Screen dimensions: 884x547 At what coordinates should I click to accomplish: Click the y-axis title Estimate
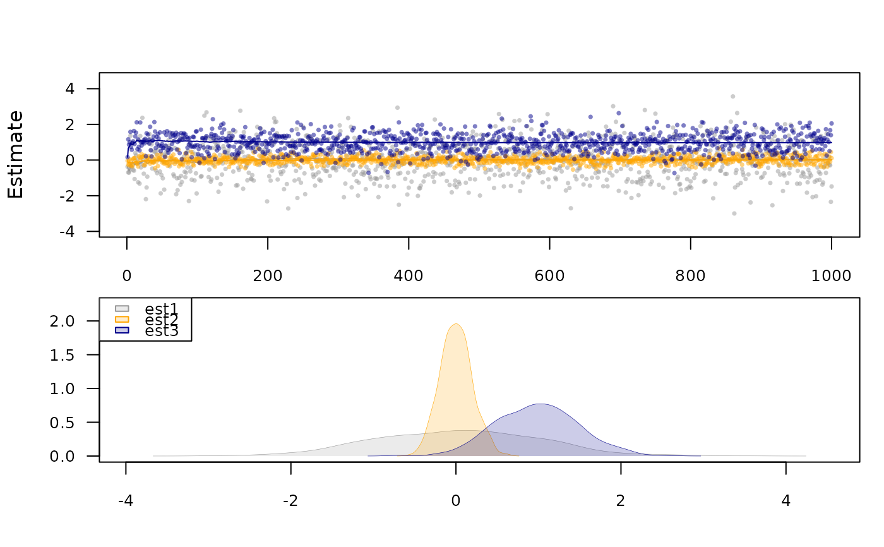(16, 155)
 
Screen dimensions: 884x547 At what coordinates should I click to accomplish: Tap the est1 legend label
(162, 309)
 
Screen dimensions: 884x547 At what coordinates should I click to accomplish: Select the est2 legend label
(162, 319)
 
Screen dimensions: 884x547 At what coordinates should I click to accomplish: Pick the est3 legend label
(162, 330)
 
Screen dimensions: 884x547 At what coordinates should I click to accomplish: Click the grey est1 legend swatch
(122, 308)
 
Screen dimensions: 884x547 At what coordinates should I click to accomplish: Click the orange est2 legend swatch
(122, 319)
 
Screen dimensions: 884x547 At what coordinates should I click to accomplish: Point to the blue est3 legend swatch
(122, 330)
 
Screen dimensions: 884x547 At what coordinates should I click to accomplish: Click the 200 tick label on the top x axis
(268, 276)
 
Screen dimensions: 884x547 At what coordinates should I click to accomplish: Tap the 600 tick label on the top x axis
(549, 276)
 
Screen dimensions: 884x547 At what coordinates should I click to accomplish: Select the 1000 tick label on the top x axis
(831, 276)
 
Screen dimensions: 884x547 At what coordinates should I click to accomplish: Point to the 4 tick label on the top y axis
(70, 89)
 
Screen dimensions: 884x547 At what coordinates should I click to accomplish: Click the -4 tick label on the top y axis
(67, 231)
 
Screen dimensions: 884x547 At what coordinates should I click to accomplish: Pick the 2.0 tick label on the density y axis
(62, 322)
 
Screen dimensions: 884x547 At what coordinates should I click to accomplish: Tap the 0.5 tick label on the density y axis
(62, 423)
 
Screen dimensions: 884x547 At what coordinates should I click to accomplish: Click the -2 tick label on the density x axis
(290, 501)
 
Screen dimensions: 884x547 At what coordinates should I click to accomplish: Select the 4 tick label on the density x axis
(785, 501)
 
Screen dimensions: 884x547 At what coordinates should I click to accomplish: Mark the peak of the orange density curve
(456, 324)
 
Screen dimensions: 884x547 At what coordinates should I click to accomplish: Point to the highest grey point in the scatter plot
(732, 96)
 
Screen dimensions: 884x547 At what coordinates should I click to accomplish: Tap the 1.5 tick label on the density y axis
(62, 355)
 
